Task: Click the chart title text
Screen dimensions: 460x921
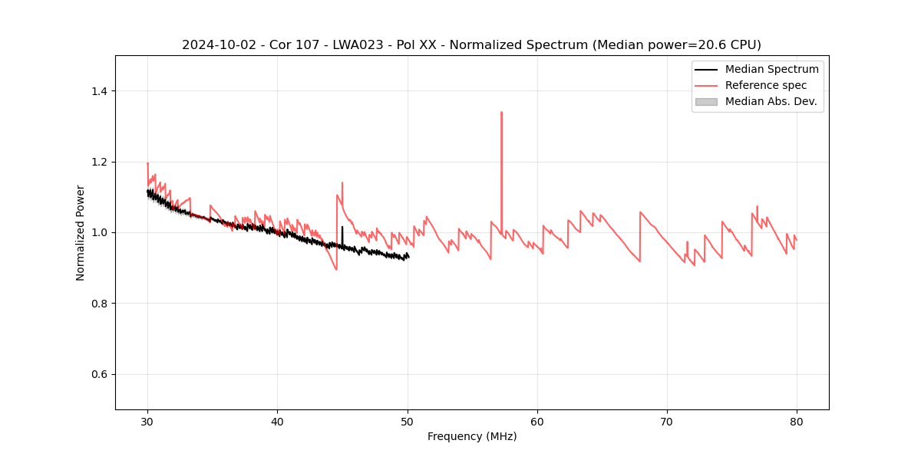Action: point(471,45)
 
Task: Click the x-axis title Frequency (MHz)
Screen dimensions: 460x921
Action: point(472,436)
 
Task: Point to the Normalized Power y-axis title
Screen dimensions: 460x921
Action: point(81,232)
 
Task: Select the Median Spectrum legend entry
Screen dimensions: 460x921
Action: point(771,69)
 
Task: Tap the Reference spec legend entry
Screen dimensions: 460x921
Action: point(766,85)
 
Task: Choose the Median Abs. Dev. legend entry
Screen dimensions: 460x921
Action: point(771,101)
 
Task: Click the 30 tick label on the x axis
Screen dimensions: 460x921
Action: point(147,421)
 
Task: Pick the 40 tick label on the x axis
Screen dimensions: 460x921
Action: point(277,421)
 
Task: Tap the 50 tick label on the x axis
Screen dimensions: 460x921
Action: point(408,421)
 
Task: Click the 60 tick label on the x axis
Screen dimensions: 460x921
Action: point(537,421)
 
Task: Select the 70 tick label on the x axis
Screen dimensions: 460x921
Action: point(667,421)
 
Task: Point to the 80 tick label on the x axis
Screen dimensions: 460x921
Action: point(797,421)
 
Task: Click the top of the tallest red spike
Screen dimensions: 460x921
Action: point(501,113)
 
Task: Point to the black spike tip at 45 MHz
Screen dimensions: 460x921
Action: point(342,227)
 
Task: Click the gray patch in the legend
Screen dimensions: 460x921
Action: point(706,101)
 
